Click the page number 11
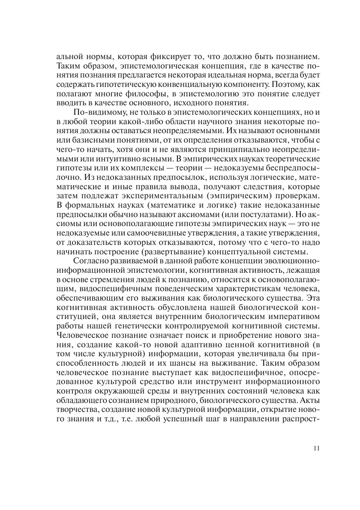pos(317,448)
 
